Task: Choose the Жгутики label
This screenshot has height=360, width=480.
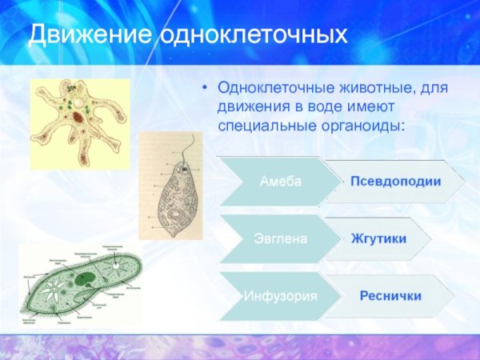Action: click(x=378, y=238)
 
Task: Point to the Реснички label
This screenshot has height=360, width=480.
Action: click(x=390, y=295)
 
